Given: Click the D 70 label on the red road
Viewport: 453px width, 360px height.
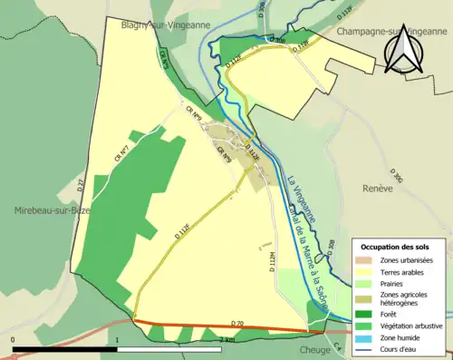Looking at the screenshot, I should point(238,323).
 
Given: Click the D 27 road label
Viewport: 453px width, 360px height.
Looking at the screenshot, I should point(81,186).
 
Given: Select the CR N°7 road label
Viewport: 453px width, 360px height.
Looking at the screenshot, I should point(119,155).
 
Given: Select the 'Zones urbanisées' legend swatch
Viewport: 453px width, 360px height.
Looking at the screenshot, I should point(370,260).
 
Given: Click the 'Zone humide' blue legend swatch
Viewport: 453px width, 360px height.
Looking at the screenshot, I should point(370,336).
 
